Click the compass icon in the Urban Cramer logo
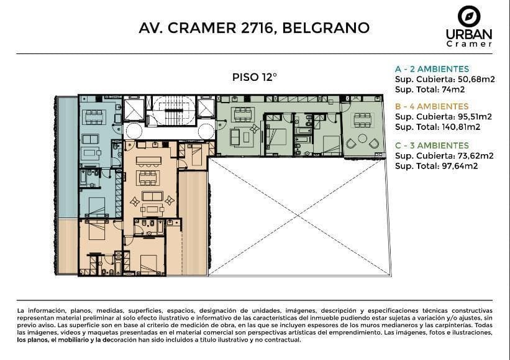tap(469, 16)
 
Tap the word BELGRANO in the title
tap(326, 27)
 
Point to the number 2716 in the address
tap(257, 27)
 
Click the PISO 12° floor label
tap(254, 77)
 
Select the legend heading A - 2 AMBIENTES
tap(432, 69)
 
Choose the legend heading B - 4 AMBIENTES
tap(432, 106)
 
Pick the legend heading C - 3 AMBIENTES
tap(432, 145)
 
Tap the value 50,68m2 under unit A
tap(476, 79)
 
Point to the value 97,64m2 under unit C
tap(460, 166)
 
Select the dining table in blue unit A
tap(94, 117)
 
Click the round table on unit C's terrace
tap(362, 138)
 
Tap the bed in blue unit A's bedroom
tap(97, 207)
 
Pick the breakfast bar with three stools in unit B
tap(148, 162)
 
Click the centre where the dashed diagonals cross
tap(298, 216)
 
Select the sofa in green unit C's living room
tap(235, 137)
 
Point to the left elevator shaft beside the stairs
tap(134, 110)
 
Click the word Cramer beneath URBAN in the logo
tap(469, 44)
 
